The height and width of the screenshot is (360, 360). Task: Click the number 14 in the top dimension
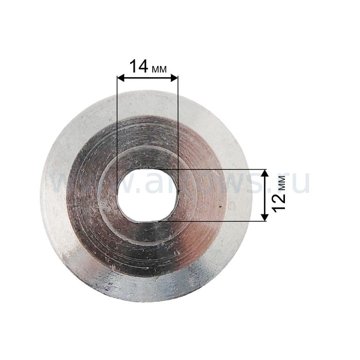139,66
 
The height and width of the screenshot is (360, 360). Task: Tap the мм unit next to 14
159,69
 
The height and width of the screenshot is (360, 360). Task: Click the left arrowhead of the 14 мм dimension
120,79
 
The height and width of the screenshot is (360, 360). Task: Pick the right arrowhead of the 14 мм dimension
174,79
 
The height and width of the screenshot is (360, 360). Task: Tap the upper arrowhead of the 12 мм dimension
265,173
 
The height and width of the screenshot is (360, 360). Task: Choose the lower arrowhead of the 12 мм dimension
265,218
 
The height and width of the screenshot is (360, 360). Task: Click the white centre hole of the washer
147,195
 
